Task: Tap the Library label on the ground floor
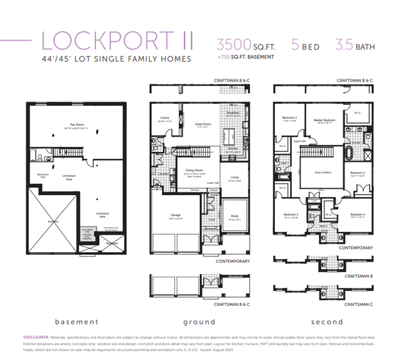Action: (x=164, y=119)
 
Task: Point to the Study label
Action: (x=233, y=218)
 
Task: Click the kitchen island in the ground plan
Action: (x=230, y=135)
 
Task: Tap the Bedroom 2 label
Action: (x=288, y=118)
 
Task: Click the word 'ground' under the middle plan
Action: (x=199, y=322)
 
